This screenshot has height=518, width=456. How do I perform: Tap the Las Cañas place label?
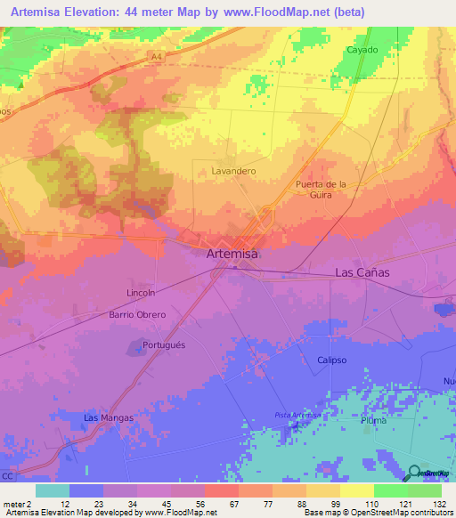click(362, 272)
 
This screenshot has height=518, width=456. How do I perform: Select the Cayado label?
click(362, 51)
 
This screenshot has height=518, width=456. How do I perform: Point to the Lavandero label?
click(234, 171)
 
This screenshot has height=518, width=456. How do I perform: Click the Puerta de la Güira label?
click(321, 190)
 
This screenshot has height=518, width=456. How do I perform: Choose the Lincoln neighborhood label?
click(141, 293)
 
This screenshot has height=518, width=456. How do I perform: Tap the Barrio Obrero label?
click(138, 315)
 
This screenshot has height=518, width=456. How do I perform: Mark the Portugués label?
click(164, 345)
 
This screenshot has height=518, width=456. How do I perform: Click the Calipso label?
click(331, 360)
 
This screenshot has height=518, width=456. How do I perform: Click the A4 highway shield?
click(157, 56)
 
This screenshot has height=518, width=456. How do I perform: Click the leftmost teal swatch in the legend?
click(53, 490)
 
